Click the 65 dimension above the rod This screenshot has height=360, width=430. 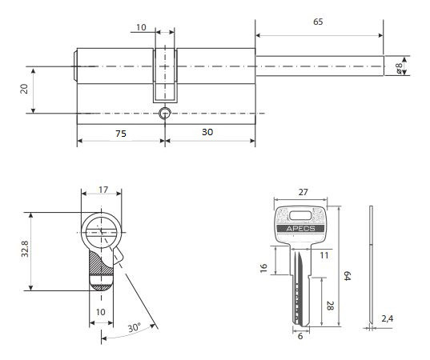pyautogui.click(x=318, y=22)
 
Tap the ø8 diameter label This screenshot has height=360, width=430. pyautogui.click(x=399, y=68)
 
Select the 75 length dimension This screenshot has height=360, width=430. pyautogui.click(x=121, y=134)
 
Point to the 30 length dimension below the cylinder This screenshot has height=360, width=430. pyautogui.click(x=207, y=132)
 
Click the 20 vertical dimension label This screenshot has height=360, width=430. pyautogui.click(x=24, y=89)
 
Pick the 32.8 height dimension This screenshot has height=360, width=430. pyautogui.click(x=25, y=249)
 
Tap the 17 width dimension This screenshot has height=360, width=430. pyautogui.click(x=103, y=190)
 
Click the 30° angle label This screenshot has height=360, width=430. pyautogui.click(x=135, y=327)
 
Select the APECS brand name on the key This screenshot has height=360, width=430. pyautogui.click(x=300, y=229)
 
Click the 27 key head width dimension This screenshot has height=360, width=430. pyautogui.click(x=303, y=192)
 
